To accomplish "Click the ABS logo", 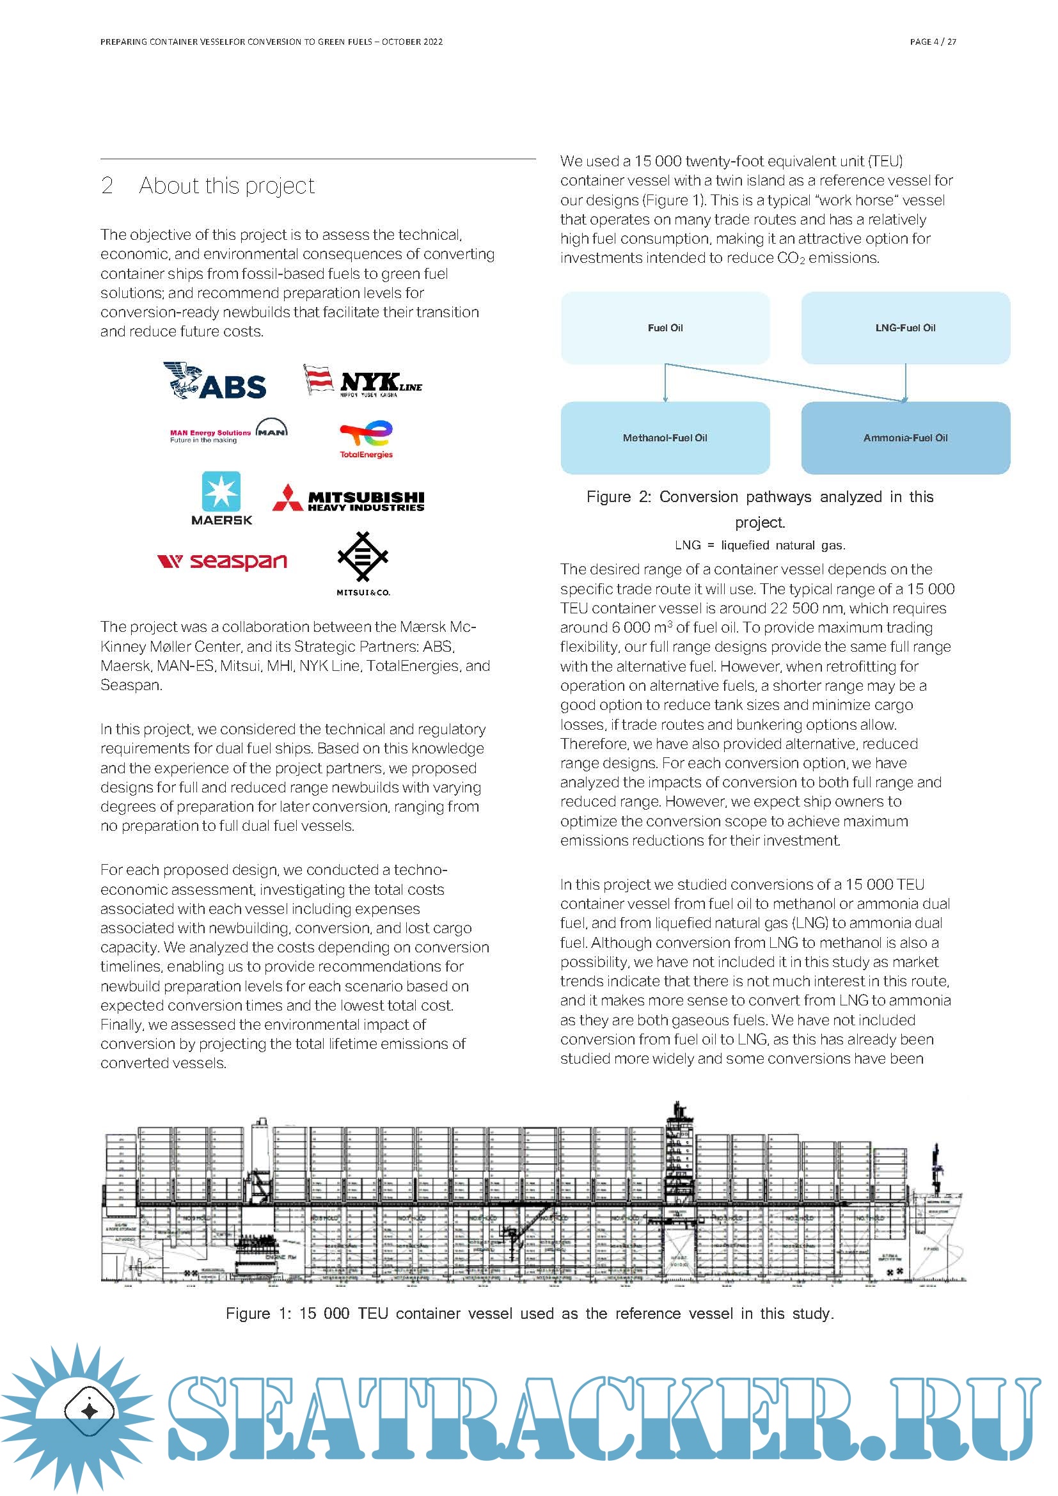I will [x=215, y=381].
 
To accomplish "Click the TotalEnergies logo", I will [x=366, y=440].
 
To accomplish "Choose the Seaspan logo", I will [x=222, y=561].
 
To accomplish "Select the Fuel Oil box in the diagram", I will [x=665, y=327].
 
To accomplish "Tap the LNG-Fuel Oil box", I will [x=906, y=327].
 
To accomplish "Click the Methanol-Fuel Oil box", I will [x=665, y=438].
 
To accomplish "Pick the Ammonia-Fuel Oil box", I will [x=906, y=438].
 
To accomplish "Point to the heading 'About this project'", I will [x=226, y=185].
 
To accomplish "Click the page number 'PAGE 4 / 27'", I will [x=933, y=42].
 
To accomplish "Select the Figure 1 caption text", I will [x=530, y=1313].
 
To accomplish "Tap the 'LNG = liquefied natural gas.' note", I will [x=761, y=546].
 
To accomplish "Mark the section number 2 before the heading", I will [x=107, y=185].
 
